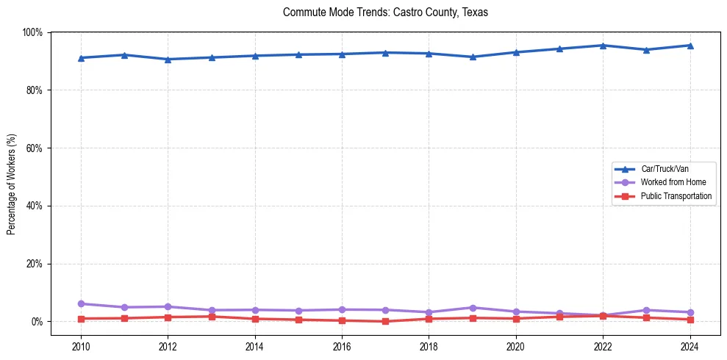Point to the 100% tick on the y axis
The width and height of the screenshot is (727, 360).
pyautogui.click(x=32, y=32)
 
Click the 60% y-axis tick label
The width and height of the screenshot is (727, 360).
pyautogui.click(x=34, y=148)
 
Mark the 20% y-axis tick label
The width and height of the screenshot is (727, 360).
pyautogui.click(x=34, y=264)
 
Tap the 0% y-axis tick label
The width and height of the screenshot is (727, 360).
pyautogui.click(x=36, y=322)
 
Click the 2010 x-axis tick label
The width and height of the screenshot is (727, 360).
pyautogui.click(x=81, y=345)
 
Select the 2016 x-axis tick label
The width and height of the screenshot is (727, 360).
pyautogui.click(x=342, y=345)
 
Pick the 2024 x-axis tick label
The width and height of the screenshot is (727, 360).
pyautogui.click(x=690, y=345)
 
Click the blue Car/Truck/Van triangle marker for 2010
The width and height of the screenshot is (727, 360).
pyautogui.click(x=81, y=58)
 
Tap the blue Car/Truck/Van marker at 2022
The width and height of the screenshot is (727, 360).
pyautogui.click(x=603, y=46)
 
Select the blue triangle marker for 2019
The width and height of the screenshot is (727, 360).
pyautogui.click(x=473, y=57)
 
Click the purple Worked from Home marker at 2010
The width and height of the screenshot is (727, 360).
pyautogui.click(x=81, y=303)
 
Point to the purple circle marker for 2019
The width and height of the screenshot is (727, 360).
pyautogui.click(x=473, y=308)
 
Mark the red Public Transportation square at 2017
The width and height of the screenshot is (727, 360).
pyautogui.click(x=385, y=321)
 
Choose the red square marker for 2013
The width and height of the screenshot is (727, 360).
pyautogui.click(x=212, y=317)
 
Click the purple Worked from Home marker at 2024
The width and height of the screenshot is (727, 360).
pyautogui.click(x=690, y=312)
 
